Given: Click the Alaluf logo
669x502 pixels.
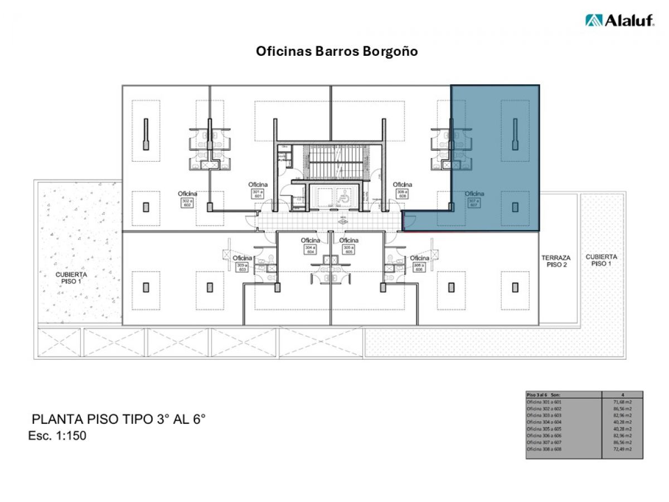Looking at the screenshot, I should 619,20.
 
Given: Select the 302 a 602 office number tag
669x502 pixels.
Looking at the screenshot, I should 188,204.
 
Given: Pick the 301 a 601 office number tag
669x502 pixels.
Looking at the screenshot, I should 258,195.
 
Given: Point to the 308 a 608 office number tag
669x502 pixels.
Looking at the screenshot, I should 402,195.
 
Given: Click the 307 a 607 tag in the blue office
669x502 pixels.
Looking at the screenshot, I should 474,204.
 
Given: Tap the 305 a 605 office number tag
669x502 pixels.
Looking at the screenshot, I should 348,250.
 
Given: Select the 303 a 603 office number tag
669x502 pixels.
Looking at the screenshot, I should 242,267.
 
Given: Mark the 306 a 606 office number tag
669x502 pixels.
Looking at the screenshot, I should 419,267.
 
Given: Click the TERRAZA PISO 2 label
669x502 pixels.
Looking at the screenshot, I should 556,261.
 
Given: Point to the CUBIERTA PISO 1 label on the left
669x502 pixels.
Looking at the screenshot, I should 71,278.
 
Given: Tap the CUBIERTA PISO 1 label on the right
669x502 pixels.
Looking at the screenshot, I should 601,260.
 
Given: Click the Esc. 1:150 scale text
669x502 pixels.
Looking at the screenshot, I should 57,436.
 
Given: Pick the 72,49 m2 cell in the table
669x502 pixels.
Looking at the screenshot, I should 622,449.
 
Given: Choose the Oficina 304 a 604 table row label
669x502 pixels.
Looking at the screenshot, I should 547,422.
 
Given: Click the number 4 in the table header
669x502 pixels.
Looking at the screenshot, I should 622,394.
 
